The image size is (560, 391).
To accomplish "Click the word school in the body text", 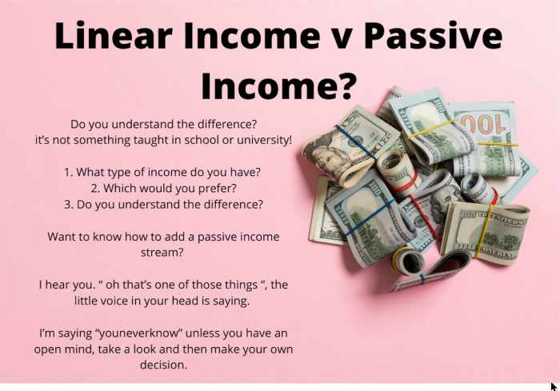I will (x=190, y=140).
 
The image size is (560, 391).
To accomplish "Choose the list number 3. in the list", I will (x=69, y=204).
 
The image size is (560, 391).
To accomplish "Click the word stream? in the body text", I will (x=163, y=253).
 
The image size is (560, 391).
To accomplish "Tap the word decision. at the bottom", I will (x=163, y=365).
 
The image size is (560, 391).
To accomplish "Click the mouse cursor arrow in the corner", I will (x=554, y=386).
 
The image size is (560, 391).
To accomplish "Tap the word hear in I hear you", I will (x=61, y=285).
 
